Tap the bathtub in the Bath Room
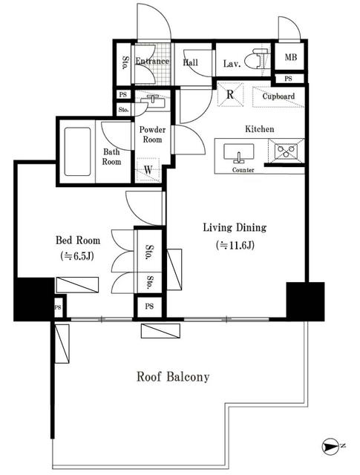(x=78, y=151)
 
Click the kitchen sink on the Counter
(x=239, y=154)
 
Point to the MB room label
(x=291, y=56)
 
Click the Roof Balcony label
(x=173, y=376)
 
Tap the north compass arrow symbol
(x=330, y=446)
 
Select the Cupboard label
(x=278, y=96)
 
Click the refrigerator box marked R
(x=230, y=94)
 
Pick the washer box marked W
(x=148, y=170)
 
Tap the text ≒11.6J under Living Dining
(x=235, y=245)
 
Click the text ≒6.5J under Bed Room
(x=78, y=256)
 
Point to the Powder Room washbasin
(x=152, y=101)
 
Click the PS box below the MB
(x=289, y=79)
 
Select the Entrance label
(x=152, y=61)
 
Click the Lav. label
(x=232, y=64)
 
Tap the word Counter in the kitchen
(x=243, y=170)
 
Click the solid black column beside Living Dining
(x=305, y=301)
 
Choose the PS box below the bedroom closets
(x=149, y=307)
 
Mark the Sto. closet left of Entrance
(x=124, y=63)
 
